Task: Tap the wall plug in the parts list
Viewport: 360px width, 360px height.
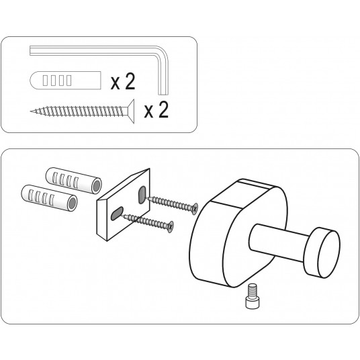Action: pyautogui.click(x=65, y=81)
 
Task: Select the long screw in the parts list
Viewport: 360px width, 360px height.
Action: pyautogui.click(x=82, y=111)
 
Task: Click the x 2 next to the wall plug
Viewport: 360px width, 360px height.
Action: pyautogui.click(x=123, y=82)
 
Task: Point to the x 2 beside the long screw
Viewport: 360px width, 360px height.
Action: pyautogui.click(x=156, y=110)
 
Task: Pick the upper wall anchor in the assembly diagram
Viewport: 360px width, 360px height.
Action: pyautogui.click(x=74, y=181)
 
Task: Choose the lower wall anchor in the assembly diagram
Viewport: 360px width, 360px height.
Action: pyautogui.click(x=49, y=198)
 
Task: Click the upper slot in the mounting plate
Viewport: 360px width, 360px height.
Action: pyautogui.click(x=142, y=195)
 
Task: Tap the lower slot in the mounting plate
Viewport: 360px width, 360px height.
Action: pyautogui.click(x=117, y=214)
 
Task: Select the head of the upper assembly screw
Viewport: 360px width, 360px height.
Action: pyautogui.click(x=195, y=209)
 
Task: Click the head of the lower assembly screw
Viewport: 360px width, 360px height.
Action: pyautogui.click(x=171, y=227)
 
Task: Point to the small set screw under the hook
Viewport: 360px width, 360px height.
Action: pyautogui.click(x=252, y=296)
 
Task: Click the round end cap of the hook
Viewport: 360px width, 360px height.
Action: pyautogui.click(x=322, y=253)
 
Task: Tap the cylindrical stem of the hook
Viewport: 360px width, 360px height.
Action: pyautogui.click(x=278, y=242)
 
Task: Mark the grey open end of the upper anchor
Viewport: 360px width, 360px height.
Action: pyautogui.click(x=97, y=186)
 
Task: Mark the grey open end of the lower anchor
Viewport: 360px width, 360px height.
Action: pyautogui.click(x=73, y=203)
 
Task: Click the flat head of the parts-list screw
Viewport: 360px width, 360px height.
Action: pyautogui.click(x=131, y=111)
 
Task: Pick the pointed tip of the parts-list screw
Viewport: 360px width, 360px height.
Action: pyautogui.click(x=31, y=111)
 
